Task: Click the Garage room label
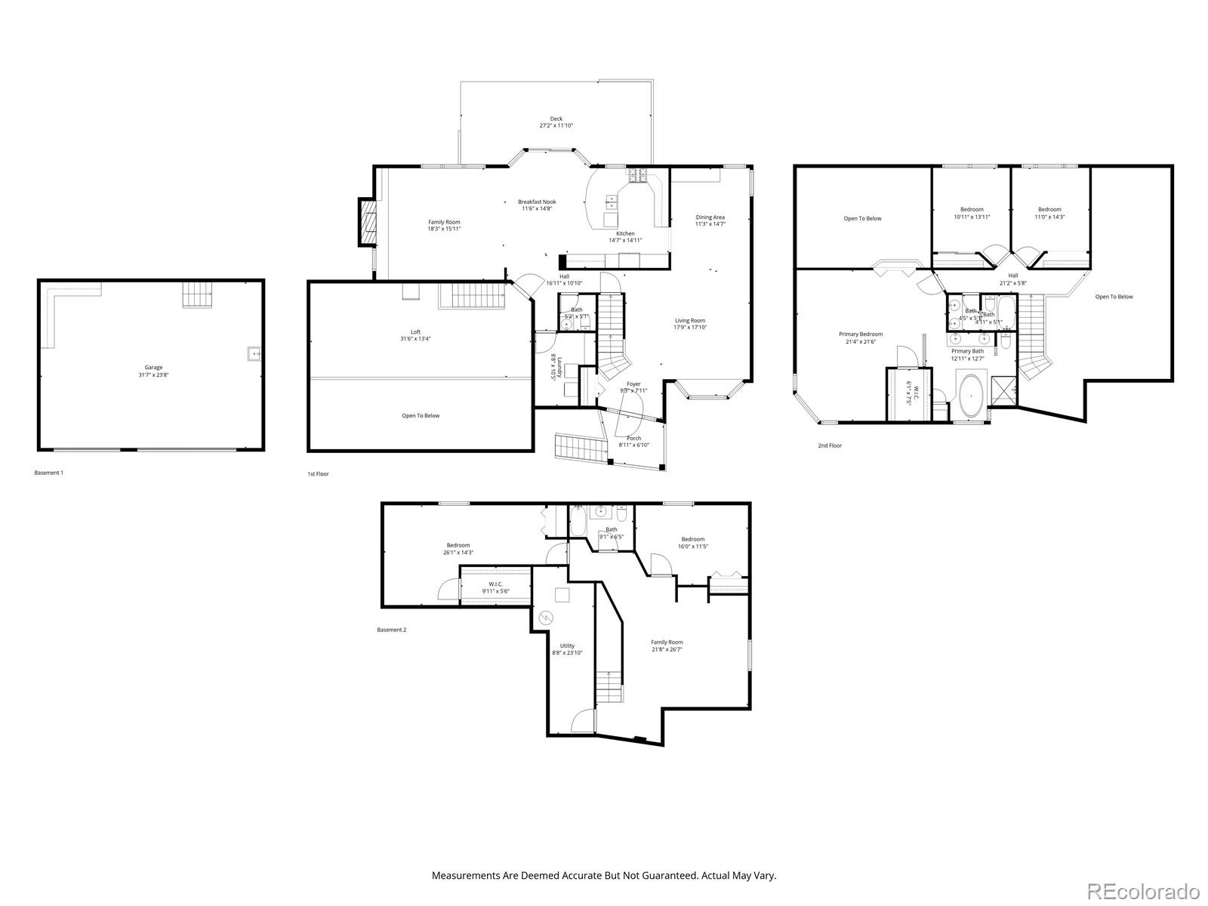click(x=153, y=368)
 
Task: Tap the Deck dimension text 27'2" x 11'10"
click(x=556, y=125)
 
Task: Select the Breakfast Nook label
click(x=537, y=202)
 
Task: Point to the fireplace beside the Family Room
click(x=367, y=222)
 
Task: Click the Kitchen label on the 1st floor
click(x=625, y=233)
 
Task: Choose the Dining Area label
click(x=710, y=217)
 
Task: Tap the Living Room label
click(x=689, y=320)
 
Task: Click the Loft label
click(x=415, y=332)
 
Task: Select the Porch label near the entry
click(x=633, y=438)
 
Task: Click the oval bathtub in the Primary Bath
click(x=969, y=393)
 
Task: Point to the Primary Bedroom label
click(x=860, y=334)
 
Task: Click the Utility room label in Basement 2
click(x=567, y=646)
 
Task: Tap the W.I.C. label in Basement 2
click(x=495, y=584)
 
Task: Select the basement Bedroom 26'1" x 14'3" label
click(x=458, y=545)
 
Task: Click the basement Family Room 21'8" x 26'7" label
click(x=667, y=642)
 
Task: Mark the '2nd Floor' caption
click(x=829, y=445)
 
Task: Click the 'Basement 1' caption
click(x=49, y=473)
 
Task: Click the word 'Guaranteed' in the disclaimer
click(x=667, y=876)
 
